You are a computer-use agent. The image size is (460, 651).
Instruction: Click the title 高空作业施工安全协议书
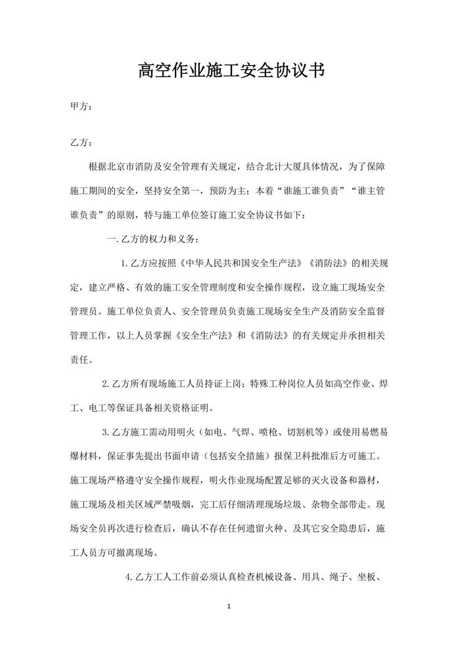[x=229, y=70]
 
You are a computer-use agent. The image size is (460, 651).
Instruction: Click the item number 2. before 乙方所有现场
[x=106, y=383]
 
